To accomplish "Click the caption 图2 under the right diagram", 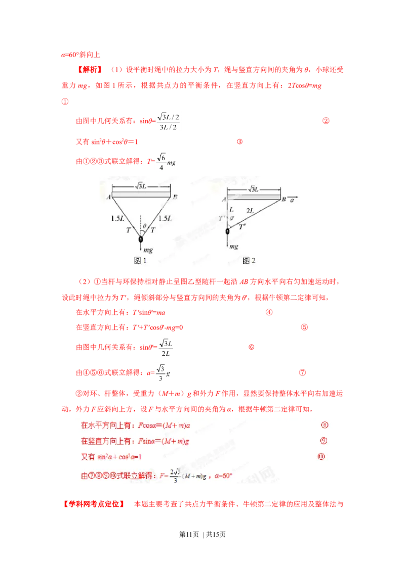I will (249, 261).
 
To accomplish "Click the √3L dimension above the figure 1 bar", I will (141, 186).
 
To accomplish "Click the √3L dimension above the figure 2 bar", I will (253, 189).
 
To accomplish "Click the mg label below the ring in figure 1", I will (147, 250).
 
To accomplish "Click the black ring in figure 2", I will (227, 231).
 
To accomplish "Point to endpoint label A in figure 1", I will (109, 198).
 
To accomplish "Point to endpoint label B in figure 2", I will (284, 200).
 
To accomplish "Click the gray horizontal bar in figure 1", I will (141, 195).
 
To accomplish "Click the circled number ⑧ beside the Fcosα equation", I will (325, 425).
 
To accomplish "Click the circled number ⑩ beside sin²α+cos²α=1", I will (321, 457).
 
